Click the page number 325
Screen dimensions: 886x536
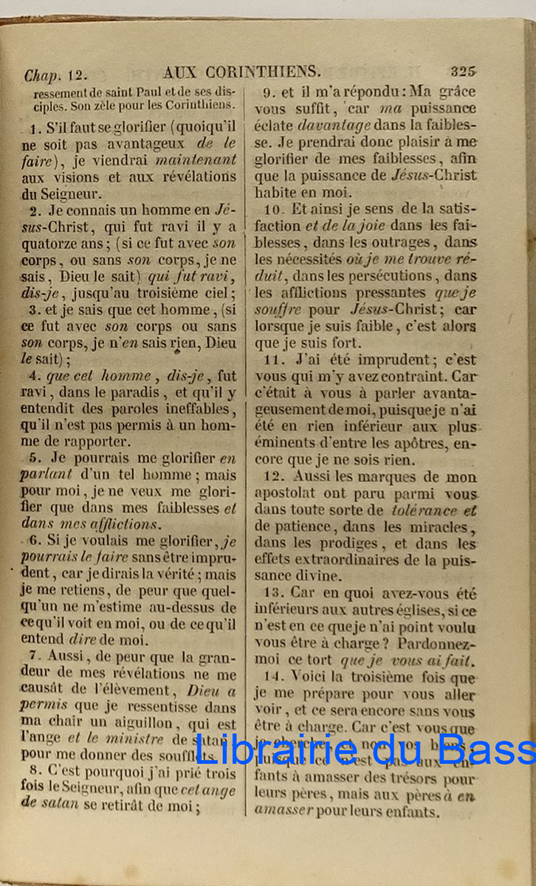(x=463, y=72)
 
